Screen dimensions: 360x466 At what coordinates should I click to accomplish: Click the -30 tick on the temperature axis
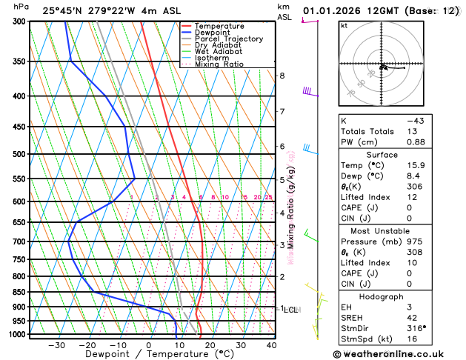coord(56,345)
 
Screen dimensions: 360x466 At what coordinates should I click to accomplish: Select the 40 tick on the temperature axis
coord(271,345)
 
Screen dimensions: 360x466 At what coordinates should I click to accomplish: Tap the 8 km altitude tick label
coord(282,76)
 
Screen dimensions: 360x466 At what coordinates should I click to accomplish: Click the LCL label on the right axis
coord(290,310)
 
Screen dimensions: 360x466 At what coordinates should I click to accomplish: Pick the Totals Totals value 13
coord(416,131)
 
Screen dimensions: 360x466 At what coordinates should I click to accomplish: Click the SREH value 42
coord(416,317)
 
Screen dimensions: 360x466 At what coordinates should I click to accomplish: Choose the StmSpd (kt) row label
coord(365,340)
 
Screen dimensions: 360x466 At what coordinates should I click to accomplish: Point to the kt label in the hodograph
coord(344,26)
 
